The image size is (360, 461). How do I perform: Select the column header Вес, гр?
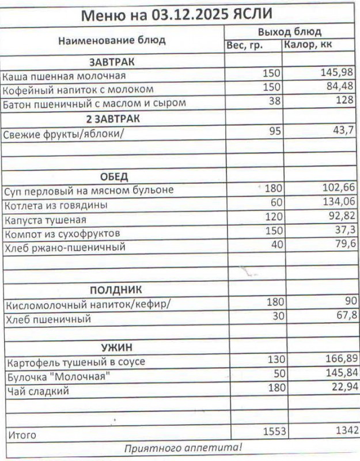[x=245, y=45]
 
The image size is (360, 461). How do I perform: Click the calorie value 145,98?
[x=337, y=74]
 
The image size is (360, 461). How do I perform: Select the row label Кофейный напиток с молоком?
[x=78, y=89]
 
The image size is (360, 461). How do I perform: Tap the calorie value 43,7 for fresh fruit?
[x=342, y=131]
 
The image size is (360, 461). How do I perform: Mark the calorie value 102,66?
[x=337, y=188]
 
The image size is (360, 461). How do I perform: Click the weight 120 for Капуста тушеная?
[x=274, y=217]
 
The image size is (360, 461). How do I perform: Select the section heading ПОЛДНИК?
[x=116, y=289]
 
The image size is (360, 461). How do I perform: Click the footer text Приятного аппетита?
[x=183, y=448]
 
